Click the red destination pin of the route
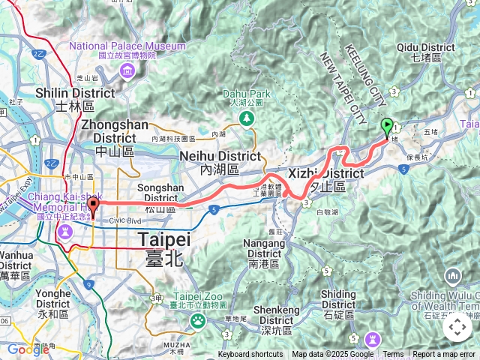click(x=93, y=205)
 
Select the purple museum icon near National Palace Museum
click(x=126, y=71)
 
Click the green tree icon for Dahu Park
click(x=246, y=118)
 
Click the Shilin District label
click(x=75, y=98)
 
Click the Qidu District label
click(x=427, y=51)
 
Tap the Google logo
click(x=28, y=349)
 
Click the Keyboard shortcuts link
click(x=250, y=355)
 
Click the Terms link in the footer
click(x=393, y=355)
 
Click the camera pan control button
click(x=457, y=328)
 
